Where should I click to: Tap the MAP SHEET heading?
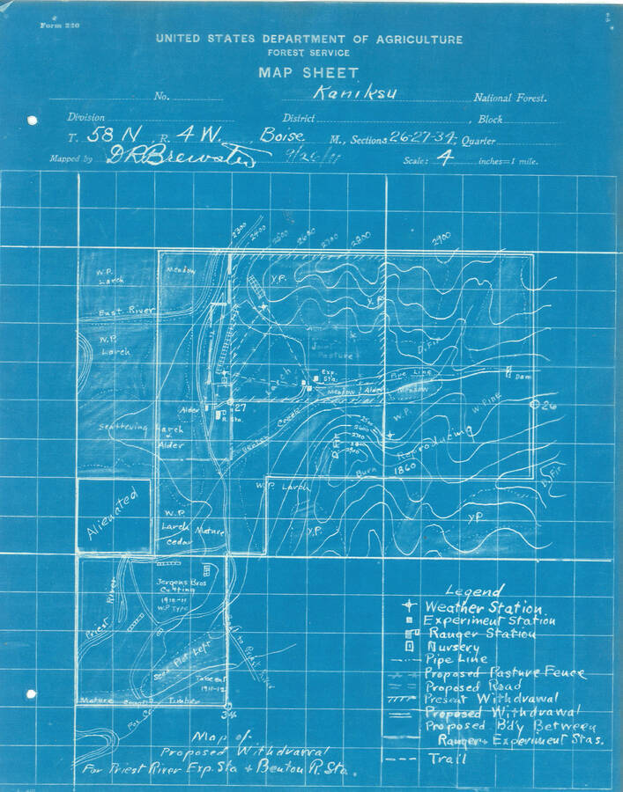pyautogui.click(x=308, y=73)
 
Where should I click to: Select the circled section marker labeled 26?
pyautogui.click(x=538, y=406)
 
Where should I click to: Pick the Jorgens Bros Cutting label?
pyautogui.click(x=167, y=576)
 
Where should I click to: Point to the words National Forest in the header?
pyautogui.click(x=510, y=99)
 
